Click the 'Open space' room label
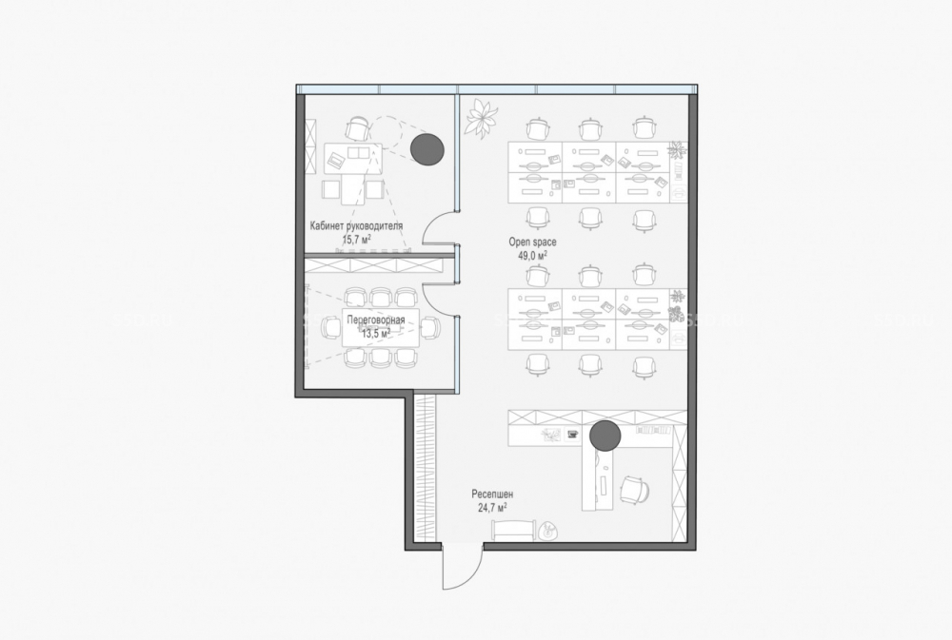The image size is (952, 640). click(532, 242)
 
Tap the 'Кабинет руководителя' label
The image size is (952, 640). click(356, 225)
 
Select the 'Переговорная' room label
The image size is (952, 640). click(376, 320)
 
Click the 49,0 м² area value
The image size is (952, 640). click(532, 256)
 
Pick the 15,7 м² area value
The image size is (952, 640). click(356, 239)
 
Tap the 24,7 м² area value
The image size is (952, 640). click(492, 508)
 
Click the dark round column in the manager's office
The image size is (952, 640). click(427, 148)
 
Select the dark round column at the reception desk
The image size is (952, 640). click(605, 435)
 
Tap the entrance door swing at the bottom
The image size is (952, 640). click(462, 567)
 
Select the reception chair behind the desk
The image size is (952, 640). click(635, 490)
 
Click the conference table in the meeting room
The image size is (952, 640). click(381, 327)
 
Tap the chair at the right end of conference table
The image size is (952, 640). click(430, 327)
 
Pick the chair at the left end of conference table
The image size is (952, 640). click(331, 327)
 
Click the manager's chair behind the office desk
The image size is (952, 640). click(358, 129)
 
